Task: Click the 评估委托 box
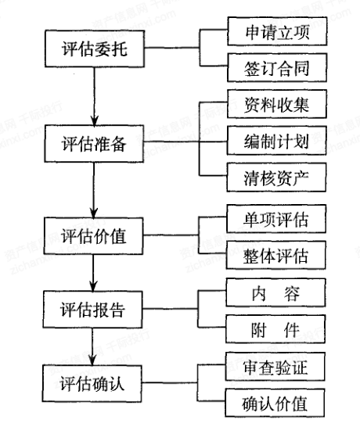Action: pyautogui.click(x=95, y=48)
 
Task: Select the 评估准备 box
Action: pyautogui.click(x=94, y=144)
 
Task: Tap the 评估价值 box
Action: pyautogui.click(x=93, y=236)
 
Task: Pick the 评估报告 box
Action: pyautogui.click(x=92, y=310)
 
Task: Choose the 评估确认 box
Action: pyautogui.click(x=92, y=384)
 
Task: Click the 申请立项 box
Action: pyautogui.click(x=277, y=31)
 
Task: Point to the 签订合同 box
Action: pyautogui.click(x=277, y=67)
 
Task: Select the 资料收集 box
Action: pyautogui.click(x=277, y=104)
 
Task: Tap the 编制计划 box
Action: pyautogui.click(x=277, y=141)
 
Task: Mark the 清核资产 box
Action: pyautogui.click(x=276, y=177)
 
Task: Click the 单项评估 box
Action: pyautogui.click(x=276, y=219)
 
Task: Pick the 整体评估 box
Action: pyautogui.click(x=276, y=255)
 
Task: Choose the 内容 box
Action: pyautogui.click(x=275, y=292)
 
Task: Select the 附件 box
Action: pyautogui.click(x=275, y=329)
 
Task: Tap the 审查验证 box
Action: pyautogui.click(x=275, y=367)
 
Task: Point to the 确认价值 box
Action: pyautogui.click(x=275, y=403)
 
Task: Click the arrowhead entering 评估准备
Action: pyautogui.click(x=94, y=121)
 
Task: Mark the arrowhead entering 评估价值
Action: pyautogui.click(x=94, y=213)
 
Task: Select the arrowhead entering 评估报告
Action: pyautogui.click(x=93, y=287)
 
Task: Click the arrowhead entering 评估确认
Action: pyautogui.click(x=92, y=361)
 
